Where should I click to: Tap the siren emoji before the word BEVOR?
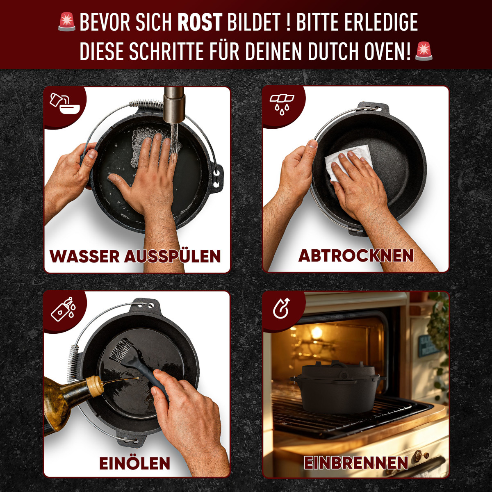[x=67, y=22]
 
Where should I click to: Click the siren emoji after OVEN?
[x=424, y=51]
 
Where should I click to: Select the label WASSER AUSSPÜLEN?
[x=135, y=256]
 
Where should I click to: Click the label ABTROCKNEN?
[x=356, y=255]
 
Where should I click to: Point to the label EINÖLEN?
[x=134, y=463]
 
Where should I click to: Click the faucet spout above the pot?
[x=174, y=107]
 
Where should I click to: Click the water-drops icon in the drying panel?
[x=282, y=104]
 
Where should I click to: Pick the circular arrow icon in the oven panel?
[x=282, y=308]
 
